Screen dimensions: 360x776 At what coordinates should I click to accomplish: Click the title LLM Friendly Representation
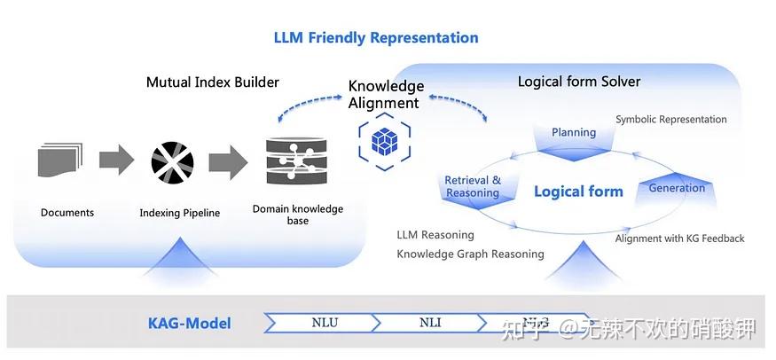pos(375,37)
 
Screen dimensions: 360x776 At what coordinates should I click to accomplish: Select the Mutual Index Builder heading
pos(212,82)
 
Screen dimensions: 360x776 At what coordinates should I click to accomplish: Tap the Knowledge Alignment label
pos(385,95)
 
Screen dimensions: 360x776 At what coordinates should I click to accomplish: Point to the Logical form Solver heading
pos(578,82)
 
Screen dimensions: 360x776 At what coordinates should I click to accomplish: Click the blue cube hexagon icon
pos(384,141)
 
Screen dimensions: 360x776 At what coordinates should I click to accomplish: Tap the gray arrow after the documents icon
pos(115,160)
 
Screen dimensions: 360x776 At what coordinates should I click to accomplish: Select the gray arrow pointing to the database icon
pos(228,161)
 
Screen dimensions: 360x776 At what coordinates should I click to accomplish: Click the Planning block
pos(574,135)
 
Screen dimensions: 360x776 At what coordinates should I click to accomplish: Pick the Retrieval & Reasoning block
pos(473,186)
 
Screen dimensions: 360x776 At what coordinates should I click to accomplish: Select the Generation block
pos(677,188)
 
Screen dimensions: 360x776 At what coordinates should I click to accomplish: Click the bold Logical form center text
pos(578,192)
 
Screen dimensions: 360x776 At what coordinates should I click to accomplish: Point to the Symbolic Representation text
pos(670,120)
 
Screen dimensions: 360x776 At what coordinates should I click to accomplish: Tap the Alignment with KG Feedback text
pos(679,239)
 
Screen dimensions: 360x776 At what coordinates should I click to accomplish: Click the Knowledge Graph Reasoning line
pos(470,254)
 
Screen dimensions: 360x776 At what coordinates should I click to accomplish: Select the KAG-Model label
pos(189,324)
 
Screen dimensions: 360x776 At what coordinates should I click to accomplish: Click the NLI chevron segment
pos(430,323)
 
